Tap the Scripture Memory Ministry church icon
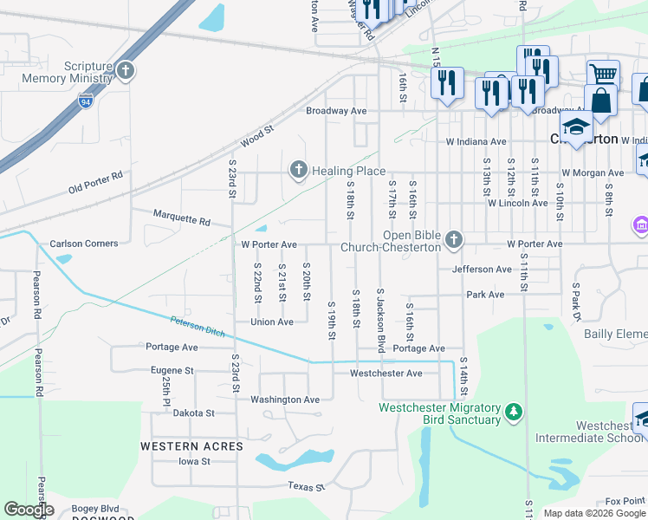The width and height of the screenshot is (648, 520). pyautogui.click(x=126, y=71)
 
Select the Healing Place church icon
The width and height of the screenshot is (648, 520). pyautogui.click(x=299, y=171)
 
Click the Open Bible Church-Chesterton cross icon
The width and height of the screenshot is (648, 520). pyautogui.click(x=453, y=239)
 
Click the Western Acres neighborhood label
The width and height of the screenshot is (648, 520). pyautogui.click(x=192, y=445)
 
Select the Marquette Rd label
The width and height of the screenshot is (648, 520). pyautogui.click(x=181, y=221)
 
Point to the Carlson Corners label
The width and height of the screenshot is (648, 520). pyautogui.click(x=84, y=244)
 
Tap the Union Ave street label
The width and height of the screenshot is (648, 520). pyautogui.click(x=272, y=322)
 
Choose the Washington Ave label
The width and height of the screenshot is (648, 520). pyautogui.click(x=285, y=400)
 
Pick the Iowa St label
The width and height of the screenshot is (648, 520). pyautogui.click(x=194, y=461)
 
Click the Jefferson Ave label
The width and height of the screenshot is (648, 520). pyautogui.click(x=482, y=270)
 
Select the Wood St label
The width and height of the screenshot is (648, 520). pyautogui.click(x=257, y=134)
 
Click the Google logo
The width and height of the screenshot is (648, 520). pyautogui.click(x=29, y=510)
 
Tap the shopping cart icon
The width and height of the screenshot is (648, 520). pyautogui.click(x=602, y=73)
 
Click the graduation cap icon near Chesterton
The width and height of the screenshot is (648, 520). pyautogui.click(x=574, y=127)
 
